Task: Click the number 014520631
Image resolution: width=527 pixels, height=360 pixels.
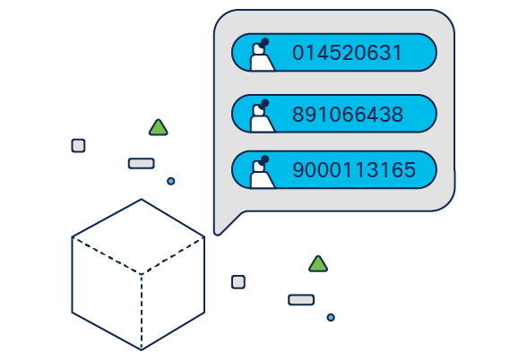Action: click(347, 53)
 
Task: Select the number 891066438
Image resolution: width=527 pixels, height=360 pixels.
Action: click(348, 115)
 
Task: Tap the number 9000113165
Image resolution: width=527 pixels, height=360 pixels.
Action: click(354, 169)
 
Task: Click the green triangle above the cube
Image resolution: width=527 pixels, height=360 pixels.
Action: click(159, 128)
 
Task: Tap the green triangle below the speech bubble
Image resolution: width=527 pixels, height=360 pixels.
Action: click(318, 264)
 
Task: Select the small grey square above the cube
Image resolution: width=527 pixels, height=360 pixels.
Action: click(78, 146)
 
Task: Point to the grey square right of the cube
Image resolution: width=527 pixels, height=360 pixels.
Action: click(238, 282)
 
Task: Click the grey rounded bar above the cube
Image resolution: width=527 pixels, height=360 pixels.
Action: click(142, 164)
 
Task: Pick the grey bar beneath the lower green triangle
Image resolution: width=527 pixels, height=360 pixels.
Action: click(301, 300)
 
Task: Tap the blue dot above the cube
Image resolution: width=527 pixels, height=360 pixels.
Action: click(170, 181)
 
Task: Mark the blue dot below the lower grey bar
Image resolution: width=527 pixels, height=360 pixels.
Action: click(331, 317)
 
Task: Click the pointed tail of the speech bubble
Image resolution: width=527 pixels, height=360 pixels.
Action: click(217, 234)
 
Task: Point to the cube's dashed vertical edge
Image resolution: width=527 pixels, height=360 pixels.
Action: click(142, 312)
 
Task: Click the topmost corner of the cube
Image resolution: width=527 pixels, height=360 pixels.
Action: click(142, 199)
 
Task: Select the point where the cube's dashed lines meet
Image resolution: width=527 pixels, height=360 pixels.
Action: click(142, 274)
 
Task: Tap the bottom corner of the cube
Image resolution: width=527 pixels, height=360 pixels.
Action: click(142, 350)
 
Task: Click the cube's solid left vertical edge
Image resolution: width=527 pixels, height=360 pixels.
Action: click(72, 275)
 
